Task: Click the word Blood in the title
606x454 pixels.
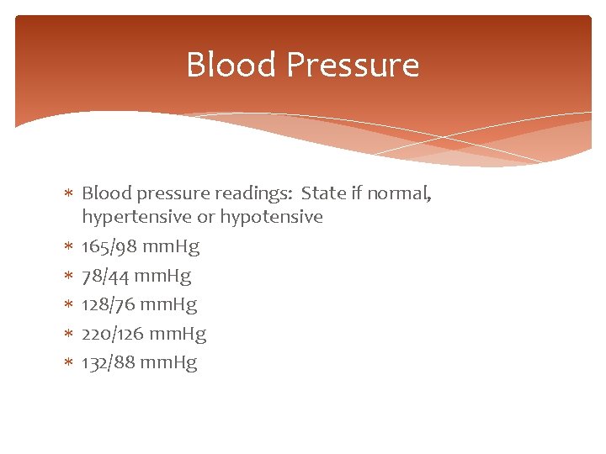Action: coord(229,65)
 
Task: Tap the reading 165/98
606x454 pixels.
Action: coord(109,247)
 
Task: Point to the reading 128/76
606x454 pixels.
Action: coord(109,304)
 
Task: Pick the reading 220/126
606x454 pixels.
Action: coord(114,334)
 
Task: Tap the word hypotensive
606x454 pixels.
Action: coord(271,217)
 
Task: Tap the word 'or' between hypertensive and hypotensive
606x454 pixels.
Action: coord(205,217)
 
